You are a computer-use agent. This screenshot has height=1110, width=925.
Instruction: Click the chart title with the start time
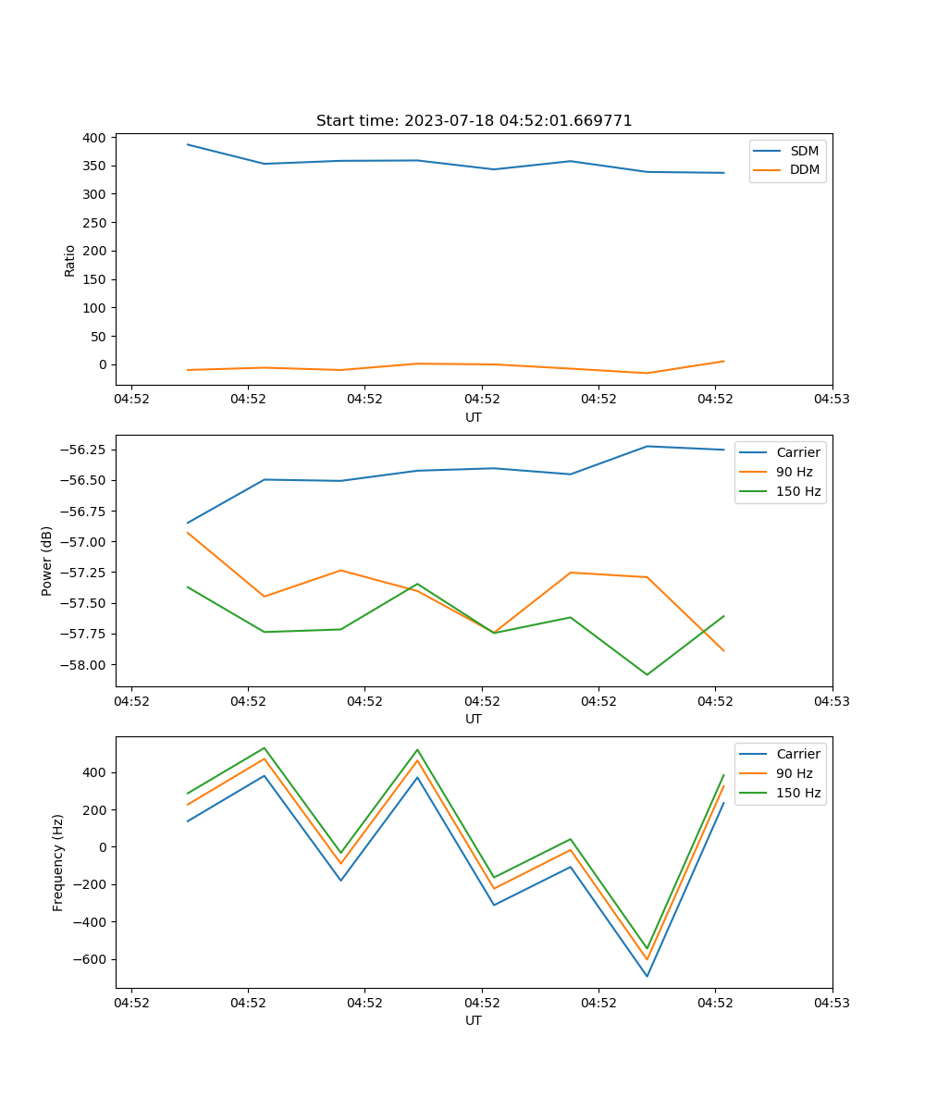point(474,121)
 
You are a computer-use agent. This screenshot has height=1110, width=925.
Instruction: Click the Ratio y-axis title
point(70,260)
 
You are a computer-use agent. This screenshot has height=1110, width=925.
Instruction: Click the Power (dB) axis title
point(47,561)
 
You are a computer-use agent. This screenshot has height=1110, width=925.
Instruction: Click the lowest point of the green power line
point(647,674)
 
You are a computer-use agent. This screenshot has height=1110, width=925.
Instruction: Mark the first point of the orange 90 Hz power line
point(188,532)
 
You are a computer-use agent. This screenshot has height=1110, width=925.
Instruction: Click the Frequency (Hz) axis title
point(58,862)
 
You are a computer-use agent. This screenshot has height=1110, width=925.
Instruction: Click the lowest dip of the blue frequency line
point(647,976)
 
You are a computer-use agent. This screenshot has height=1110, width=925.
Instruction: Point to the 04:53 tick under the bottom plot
point(832,1002)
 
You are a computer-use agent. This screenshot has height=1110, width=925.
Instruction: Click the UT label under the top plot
point(474,417)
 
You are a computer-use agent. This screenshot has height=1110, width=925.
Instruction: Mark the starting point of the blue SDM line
point(188,144)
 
